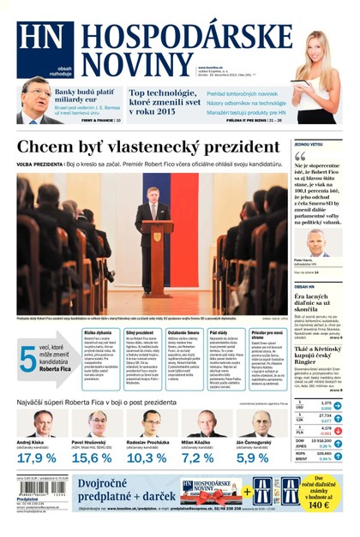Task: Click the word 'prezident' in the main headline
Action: point(231,146)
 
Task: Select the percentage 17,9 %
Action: point(37,458)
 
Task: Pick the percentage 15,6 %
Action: point(92,458)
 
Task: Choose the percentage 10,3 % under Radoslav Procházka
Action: point(147,458)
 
